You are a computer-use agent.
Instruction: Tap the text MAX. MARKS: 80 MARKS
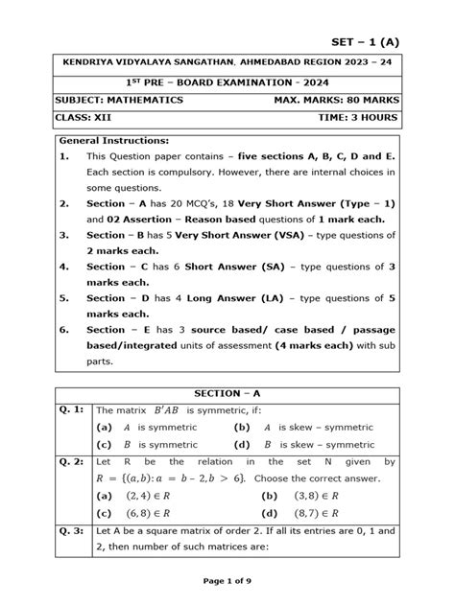334,99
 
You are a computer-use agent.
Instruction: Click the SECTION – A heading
227,393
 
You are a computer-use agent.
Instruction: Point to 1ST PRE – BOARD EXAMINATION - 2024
227,81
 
